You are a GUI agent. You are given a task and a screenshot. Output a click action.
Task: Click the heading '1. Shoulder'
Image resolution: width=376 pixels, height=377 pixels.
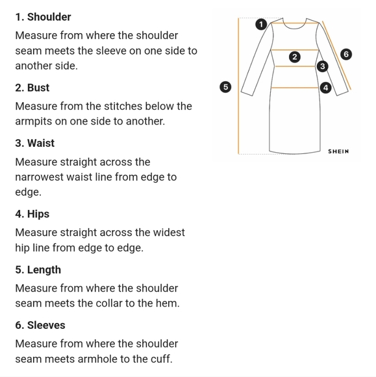point(43,17)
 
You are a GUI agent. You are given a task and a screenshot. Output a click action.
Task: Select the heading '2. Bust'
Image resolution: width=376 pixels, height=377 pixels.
point(32,88)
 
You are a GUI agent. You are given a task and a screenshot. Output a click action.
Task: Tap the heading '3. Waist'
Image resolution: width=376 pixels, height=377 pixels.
point(35,143)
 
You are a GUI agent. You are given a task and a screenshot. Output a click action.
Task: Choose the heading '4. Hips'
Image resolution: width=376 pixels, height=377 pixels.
point(32,214)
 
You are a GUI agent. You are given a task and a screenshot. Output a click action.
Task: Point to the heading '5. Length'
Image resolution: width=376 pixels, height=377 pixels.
point(38,270)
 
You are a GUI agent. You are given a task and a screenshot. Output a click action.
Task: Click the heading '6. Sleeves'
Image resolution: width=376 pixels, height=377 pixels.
point(40,325)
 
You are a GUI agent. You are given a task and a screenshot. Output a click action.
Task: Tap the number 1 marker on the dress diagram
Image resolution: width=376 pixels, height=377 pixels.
point(261,24)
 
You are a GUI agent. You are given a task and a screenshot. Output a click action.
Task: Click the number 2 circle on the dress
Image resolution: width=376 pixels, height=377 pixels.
point(295,57)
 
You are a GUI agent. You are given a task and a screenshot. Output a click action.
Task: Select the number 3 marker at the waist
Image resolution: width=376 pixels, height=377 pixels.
point(322,66)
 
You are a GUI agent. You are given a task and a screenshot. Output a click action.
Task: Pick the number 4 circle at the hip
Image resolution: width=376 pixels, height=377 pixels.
point(325,88)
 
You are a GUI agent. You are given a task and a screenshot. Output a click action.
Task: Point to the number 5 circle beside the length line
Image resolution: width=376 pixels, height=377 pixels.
point(225,87)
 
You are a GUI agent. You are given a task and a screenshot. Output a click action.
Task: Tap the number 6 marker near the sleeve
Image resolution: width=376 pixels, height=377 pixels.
point(346,54)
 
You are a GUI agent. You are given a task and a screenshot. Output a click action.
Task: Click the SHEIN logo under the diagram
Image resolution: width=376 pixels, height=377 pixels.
point(338,151)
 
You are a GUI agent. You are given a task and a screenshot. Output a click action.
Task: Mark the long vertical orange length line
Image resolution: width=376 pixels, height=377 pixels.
point(238,86)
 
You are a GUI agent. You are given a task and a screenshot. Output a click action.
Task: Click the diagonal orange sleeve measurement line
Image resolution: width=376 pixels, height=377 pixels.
point(336,55)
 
